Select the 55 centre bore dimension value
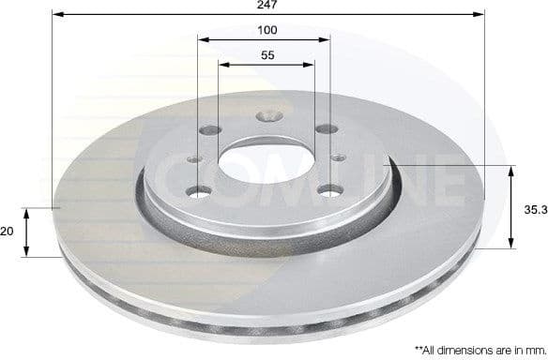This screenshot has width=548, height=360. click(266, 56)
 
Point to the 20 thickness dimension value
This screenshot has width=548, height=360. click(8, 231)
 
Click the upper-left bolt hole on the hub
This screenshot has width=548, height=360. click(206, 131)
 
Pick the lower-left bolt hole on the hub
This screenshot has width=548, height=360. click(199, 194)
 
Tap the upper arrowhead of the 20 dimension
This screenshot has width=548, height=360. click(27, 211)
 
